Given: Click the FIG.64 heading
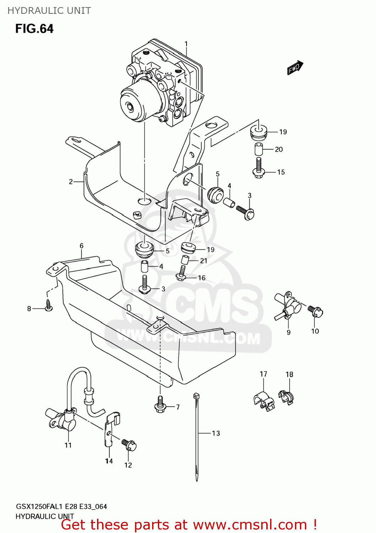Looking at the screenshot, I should (34, 28).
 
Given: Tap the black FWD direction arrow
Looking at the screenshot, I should (295, 68).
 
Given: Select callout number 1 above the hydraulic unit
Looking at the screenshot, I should (186, 44).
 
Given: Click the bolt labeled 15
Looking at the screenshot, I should (258, 169).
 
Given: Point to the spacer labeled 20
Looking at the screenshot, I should (259, 149).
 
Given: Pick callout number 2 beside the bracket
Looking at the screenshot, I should (71, 182).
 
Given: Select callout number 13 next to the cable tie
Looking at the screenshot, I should (216, 433).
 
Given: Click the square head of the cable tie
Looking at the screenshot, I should (196, 395).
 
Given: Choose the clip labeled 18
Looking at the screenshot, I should (286, 397).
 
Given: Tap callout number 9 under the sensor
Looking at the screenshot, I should (289, 332).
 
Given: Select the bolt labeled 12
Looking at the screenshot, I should (129, 445).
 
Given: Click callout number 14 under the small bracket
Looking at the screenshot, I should (109, 461).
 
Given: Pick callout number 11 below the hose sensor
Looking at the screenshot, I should (68, 445).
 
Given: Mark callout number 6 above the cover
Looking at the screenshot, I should (81, 246).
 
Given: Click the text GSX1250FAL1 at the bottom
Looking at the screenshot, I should (39, 507).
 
